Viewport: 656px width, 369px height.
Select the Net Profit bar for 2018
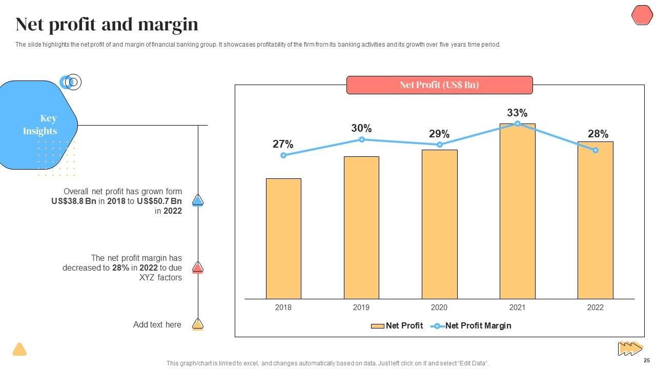click(x=283, y=238)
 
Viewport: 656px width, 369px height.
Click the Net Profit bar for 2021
click(x=517, y=211)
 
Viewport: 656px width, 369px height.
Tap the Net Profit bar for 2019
click(x=361, y=228)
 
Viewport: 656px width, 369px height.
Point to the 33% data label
click(x=517, y=113)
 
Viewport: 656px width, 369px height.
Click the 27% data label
click(x=283, y=145)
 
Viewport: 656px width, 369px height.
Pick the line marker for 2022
click(x=596, y=150)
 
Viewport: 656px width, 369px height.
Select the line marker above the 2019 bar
click(x=362, y=139)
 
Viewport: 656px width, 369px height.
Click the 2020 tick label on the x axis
click(x=439, y=307)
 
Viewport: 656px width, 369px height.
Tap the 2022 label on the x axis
click(x=596, y=307)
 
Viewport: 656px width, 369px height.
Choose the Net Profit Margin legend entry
click(x=478, y=325)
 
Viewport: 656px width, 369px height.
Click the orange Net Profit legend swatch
click(x=378, y=326)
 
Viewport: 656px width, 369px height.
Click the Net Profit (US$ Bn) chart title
click(x=439, y=85)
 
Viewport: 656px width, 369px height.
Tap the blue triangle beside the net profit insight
click(x=198, y=200)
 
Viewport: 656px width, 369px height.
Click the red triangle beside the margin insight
click(x=198, y=268)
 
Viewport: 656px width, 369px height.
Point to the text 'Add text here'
click(x=157, y=324)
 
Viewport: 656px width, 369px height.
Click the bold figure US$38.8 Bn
click(x=74, y=201)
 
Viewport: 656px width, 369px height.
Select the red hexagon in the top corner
click(x=642, y=15)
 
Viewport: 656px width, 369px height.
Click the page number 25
click(x=646, y=360)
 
